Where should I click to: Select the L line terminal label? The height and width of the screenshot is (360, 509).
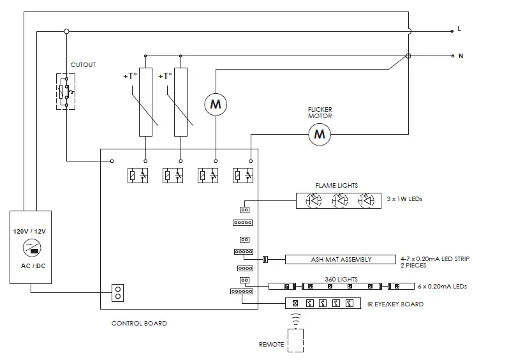click(459, 29)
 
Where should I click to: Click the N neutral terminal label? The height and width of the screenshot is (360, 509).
click(461, 56)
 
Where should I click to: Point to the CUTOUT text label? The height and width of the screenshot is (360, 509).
click(83, 64)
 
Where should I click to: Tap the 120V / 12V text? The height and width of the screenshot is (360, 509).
click(29, 231)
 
